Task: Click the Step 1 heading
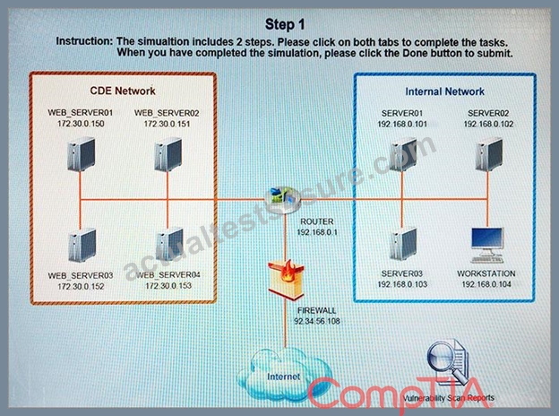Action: click(x=285, y=24)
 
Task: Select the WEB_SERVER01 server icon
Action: click(x=82, y=154)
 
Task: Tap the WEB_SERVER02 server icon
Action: click(x=168, y=154)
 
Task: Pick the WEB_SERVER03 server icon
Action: click(x=82, y=245)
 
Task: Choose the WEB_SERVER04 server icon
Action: click(x=169, y=245)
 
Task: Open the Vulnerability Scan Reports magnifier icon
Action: click(x=449, y=362)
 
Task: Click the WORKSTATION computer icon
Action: click(x=487, y=245)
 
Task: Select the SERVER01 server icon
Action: click(x=403, y=154)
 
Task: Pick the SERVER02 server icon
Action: click(x=489, y=154)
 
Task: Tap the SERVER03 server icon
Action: click(x=403, y=245)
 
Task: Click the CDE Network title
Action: click(x=123, y=91)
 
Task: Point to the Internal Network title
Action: click(x=444, y=91)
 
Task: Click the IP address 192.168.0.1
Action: click(x=317, y=232)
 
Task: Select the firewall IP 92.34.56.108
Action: click(x=317, y=321)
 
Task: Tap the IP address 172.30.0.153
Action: click(x=168, y=286)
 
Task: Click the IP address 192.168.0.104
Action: click(x=486, y=284)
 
